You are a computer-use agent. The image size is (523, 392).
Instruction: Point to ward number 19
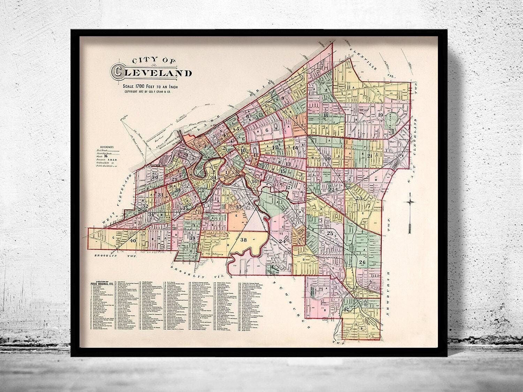pyautogui.click(x=380, y=115)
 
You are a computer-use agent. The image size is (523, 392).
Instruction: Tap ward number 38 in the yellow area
pyautogui.click(x=243, y=240)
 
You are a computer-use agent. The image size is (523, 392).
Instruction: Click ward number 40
pyautogui.click(x=133, y=240)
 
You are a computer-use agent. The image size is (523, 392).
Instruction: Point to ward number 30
pyautogui.click(x=155, y=177)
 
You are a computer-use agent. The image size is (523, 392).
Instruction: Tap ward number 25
pyautogui.click(x=330, y=233)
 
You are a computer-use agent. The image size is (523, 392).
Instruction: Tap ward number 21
pyautogui.click(x=370, y=156)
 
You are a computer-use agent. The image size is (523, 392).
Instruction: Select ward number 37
pyautogui.click(x=239, y=208)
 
